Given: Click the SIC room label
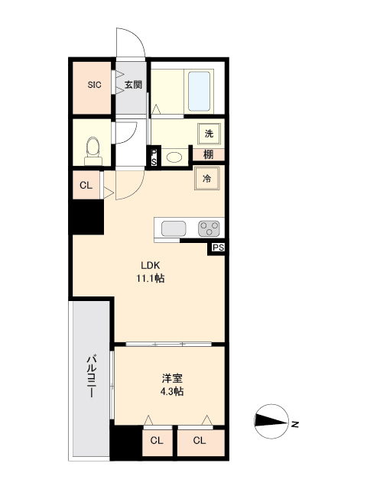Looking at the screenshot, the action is click(x=94, y=85).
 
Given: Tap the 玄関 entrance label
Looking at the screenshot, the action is click(x=133, y=85).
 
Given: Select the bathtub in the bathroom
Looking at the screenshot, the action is click(x=199, y=91).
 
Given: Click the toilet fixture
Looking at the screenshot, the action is click(x=93, y=151).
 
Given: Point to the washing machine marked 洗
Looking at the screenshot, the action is click(x=209, y=134).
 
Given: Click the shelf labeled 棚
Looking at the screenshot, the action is click(x=209, y=154).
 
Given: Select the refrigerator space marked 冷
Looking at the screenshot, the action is click(x=207, y=178).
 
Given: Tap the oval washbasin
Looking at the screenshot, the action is click(x=174, y=157).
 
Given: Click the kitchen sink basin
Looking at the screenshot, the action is click(x=174, y=228).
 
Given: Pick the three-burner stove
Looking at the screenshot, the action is click(x=209, y=228).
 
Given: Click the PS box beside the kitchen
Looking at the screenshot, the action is click(x=218, y=248).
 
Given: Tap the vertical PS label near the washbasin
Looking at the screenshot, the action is click(x=154, y=157).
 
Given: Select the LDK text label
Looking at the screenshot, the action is click(x=151, y=265).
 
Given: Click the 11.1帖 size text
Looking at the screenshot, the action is click(x=150, y=278).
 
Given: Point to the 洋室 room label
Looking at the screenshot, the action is click(x=172, y=378).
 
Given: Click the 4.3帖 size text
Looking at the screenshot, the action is click(x=172, y=391).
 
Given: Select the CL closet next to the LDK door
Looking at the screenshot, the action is click(x=86, y=185).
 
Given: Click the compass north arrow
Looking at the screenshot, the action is click(x=271, y=422).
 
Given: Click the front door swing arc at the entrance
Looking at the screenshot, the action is click(x=136, y=37).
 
